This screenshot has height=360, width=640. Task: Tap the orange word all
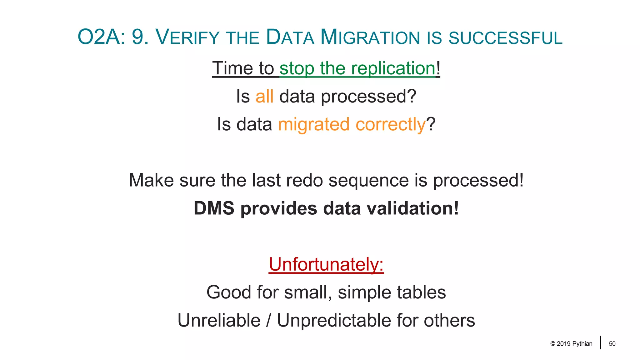[264, 96]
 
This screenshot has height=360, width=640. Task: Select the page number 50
[612, 344]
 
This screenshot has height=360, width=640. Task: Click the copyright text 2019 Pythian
[571, 344]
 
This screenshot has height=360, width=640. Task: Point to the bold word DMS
[214, 208]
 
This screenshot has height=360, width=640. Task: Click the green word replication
[393, 68]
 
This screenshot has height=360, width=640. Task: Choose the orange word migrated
[313, 124]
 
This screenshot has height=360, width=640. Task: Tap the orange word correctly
[390, 124]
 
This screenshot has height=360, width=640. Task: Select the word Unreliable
[219, 321]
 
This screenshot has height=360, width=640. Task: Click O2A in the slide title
[101, 37]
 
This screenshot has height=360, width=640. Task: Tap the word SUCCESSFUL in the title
[505, 38]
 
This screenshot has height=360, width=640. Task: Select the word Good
[229, 292]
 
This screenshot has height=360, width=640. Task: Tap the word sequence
[369, 181]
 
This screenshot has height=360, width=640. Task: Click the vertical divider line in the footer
[600, 342]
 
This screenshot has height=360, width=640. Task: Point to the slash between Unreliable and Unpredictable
[268, 321]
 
